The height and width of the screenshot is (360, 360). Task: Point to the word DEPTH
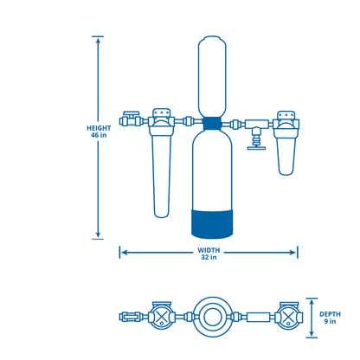330,314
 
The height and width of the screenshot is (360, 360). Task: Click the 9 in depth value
330,323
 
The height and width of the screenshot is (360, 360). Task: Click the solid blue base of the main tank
211,221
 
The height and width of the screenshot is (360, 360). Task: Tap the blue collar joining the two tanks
211,123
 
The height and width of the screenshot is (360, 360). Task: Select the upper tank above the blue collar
211,75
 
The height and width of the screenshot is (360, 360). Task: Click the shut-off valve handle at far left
131,113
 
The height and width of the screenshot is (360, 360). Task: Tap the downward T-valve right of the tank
254,140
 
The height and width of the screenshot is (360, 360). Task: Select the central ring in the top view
210,318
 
